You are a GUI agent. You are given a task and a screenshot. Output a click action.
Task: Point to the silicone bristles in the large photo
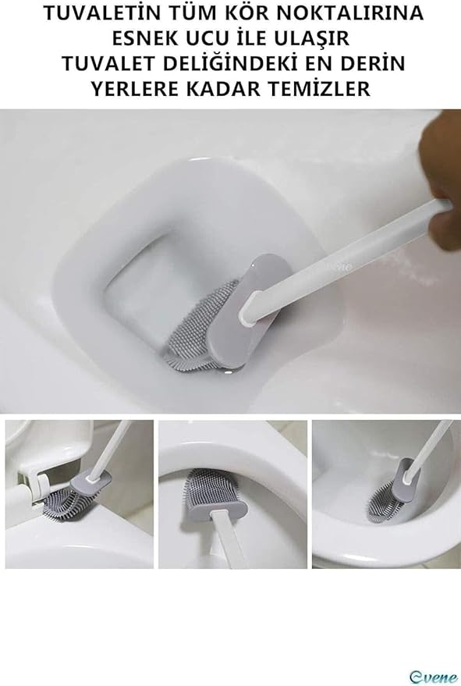[197, 327]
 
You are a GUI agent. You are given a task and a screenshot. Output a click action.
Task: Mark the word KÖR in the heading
[247, 13]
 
